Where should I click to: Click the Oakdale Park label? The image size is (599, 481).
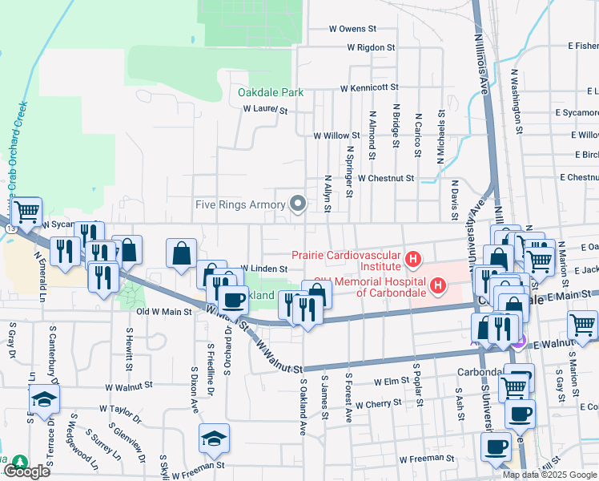click(x=271, y=92)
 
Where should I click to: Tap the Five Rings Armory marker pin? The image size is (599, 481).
click(x=299, y=204)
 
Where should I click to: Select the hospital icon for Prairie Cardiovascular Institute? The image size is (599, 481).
click(x=413, y=260)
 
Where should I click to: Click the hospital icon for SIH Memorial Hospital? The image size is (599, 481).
click(x=438, y=285)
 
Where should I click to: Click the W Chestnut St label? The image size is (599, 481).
click(x=386, y=178)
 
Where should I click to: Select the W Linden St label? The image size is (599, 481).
click(x=263, y=269)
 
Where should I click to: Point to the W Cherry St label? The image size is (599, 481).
click(x=379, y=405)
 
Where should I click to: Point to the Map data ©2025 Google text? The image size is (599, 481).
click(x=549, y=475)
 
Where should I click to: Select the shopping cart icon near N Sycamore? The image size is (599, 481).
click(x=27, y=212)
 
